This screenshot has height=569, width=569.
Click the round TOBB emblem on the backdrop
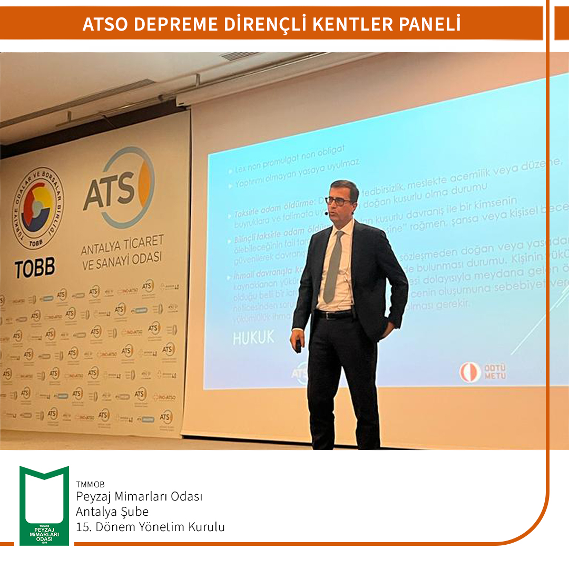(37, 208)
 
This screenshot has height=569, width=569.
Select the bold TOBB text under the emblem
(35, 268)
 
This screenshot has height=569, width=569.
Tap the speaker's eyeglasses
(338, 201)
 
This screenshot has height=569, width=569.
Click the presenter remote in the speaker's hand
(298, 346)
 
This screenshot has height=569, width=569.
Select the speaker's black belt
(333, 314)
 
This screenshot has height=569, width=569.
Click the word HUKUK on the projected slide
(254, 338)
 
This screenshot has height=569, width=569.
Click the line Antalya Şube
(112, 512)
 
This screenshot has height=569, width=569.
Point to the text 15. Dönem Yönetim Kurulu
(150, 527)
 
